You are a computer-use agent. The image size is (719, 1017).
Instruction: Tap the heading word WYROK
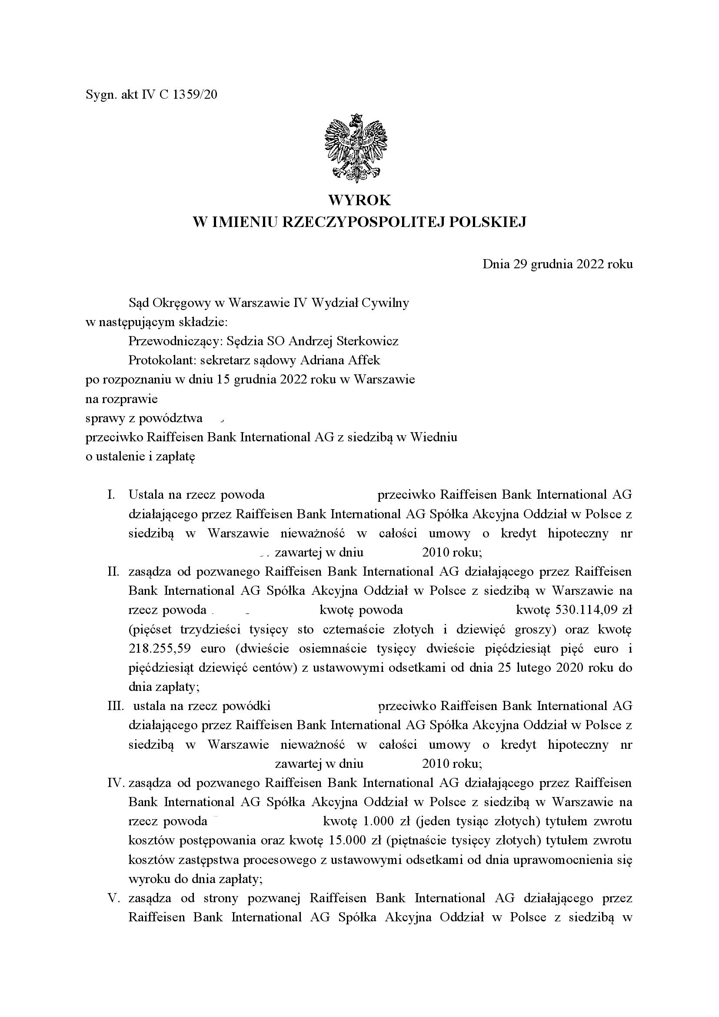click(x=359, y=200)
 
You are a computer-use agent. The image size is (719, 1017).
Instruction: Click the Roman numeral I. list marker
click(x=111, y=494)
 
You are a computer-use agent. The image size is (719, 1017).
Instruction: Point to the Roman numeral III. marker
click(x=115, y=706)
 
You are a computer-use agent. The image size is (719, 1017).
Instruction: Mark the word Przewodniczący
click(x=175, y=341)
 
